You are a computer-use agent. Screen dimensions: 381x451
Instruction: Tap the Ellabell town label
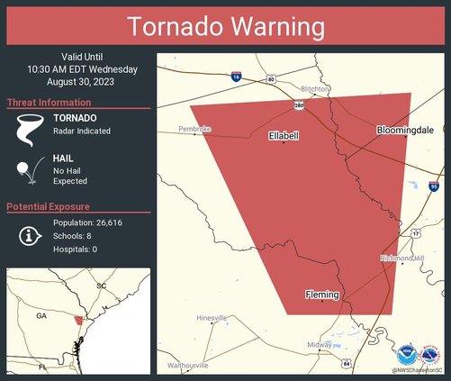[x=284, y=136]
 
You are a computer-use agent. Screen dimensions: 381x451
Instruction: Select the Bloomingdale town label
[x=405, y=131]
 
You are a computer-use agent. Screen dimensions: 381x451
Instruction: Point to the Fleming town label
[x=322, y=295]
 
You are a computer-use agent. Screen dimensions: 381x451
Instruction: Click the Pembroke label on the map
[x=194, y=130]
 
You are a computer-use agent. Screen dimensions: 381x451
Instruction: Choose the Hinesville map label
[x=212, y=318]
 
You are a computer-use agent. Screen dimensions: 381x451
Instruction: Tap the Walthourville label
[x=187, y=365]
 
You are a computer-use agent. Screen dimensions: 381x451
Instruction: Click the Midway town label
[x=320, y=345]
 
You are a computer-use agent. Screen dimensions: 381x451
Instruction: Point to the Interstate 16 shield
[x=235, y=78]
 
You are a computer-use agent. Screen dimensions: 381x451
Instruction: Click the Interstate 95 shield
[x=434, y=186]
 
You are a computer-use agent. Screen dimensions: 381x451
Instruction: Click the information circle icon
[x=30, y=235]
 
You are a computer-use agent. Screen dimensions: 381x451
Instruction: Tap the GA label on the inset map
[x=41, y=316]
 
